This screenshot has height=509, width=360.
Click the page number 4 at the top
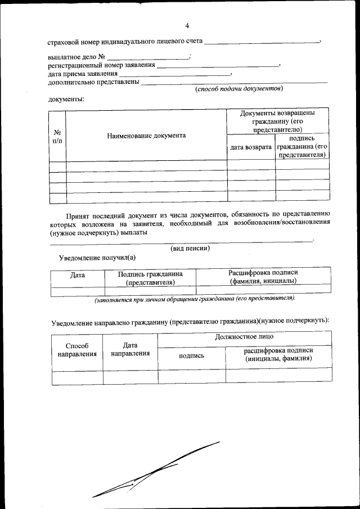pyautogui.click(x=187, y=25)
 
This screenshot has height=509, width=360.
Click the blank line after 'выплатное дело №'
pyautogui.click(x=148, y=57)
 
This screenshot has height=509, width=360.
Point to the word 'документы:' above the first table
pyautogui.click(x=66, y=100)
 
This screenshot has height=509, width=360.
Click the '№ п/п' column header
pyautogui.click(x=57, y=136)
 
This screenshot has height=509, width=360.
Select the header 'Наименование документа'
pyautogui.click(x=146, y=136)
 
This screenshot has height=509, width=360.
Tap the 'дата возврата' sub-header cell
pyautogui.click(x=251, y=147)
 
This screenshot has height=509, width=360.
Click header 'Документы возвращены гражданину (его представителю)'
pyautogui.click(x=277, y=121)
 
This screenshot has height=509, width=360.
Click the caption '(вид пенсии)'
pyautogui.click(x=190, y=248)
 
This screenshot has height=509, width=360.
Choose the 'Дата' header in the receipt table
pyautogui.click(x=77, y=276)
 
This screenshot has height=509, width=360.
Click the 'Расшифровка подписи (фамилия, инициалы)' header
pyautogui.click(x=263, y=276)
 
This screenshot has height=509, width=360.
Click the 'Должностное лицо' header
pyautogui.click(x=245, y=337)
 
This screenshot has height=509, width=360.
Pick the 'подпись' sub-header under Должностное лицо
pyautogui.click(x=191, y=355)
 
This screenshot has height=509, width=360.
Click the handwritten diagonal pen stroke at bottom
pyautogui.click(x=157, y=469)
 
